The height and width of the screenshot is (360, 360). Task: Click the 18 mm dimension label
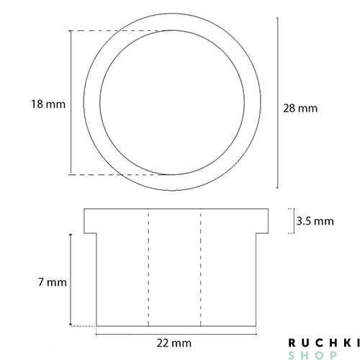(x=48, y=104)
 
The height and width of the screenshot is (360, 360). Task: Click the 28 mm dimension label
(x=300, y=108)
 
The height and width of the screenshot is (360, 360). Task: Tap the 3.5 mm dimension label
(x=315, y=221)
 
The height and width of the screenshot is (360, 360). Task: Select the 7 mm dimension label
(x=53, y=282)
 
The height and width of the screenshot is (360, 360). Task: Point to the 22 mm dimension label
(x=174, y=343)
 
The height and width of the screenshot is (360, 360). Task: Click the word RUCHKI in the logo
(x=324, y=343)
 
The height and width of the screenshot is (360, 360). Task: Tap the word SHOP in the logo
(x=312, y=355)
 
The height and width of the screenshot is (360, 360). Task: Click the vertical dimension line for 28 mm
(x=278, y=103)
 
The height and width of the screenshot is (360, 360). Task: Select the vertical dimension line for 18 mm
(x=71, y=102)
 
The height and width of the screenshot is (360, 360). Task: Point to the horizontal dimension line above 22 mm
(x=176, y=334)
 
